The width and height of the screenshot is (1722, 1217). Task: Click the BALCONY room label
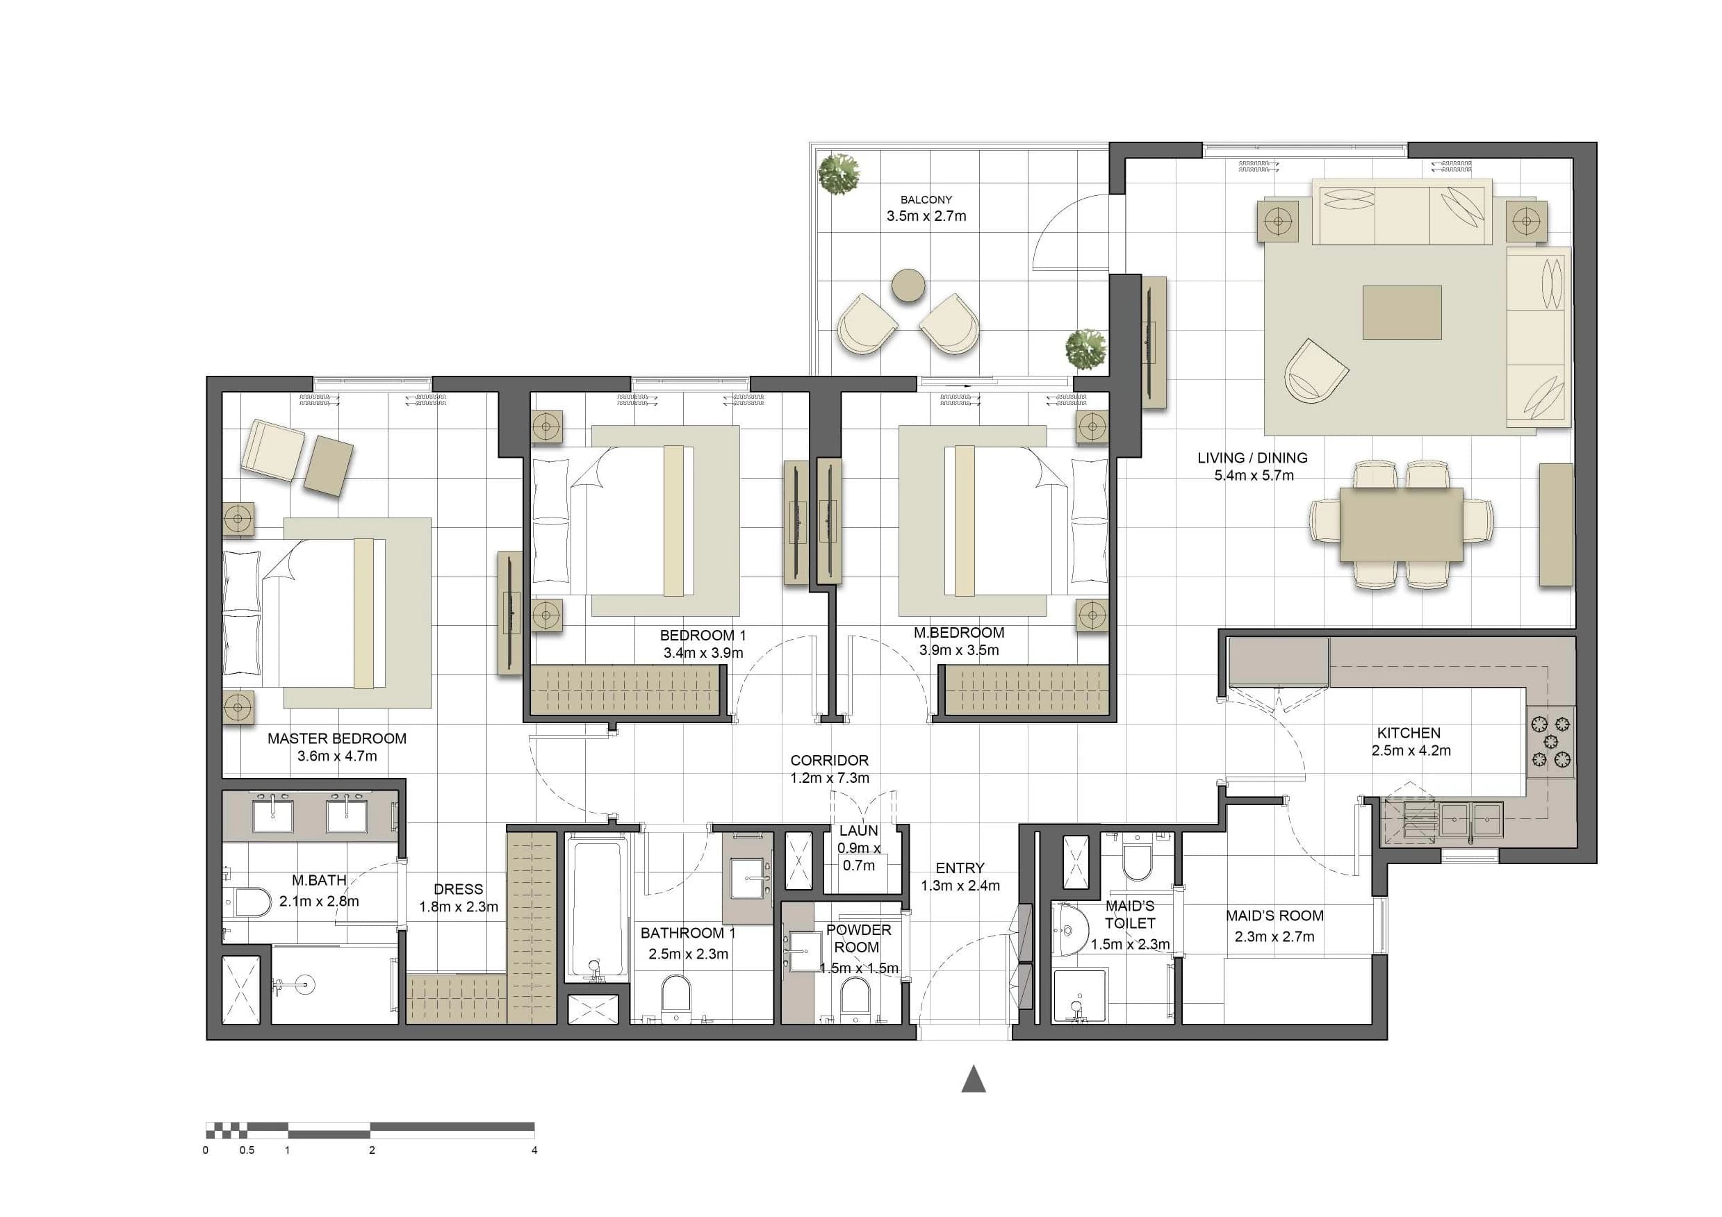(926, 199)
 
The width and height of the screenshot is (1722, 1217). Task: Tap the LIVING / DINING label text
(1252, 457)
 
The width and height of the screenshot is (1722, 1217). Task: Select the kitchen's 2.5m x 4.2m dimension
(1411, 751)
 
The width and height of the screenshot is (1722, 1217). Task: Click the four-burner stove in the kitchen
(1551, 742)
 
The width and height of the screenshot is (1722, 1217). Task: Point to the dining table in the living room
(1401, 524)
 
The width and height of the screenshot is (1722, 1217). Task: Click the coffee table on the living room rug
(1402, 312)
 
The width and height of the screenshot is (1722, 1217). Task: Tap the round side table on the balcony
(908, 285)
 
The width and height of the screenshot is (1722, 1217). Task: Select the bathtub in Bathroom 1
(596, 908)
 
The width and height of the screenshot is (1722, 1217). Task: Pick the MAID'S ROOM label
(1274, 916)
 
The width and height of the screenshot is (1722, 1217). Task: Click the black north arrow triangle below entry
(974, 1079)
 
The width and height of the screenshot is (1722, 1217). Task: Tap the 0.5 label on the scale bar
(247, 1150)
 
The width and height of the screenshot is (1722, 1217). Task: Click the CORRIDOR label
(830, 761)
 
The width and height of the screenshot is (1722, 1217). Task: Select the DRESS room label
(458, 889)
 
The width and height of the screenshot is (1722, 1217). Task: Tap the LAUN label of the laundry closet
(859, 831)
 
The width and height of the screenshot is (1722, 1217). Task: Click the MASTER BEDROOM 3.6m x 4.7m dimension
(337, 756)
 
